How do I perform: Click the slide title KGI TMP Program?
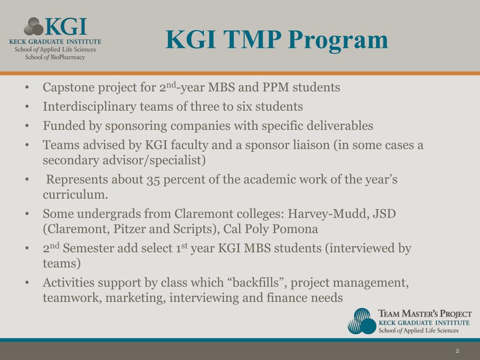click(277, 39)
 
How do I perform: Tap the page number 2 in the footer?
click(457, 351)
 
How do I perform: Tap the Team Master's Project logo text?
click(425, 314)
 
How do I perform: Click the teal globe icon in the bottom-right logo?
click(362, 321)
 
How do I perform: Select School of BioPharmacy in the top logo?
click(55, 57)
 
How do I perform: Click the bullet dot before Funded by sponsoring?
click(28, 127)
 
